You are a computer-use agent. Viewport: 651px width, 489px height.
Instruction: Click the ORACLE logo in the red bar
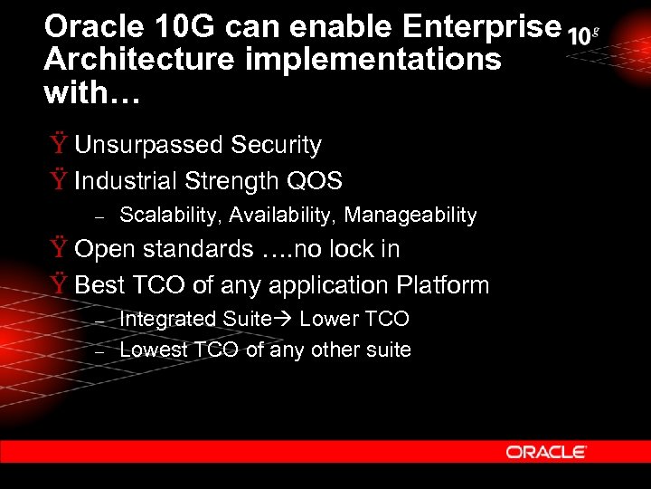pos(546,452)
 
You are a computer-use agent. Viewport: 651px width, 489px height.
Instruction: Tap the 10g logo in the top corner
pos(583,35)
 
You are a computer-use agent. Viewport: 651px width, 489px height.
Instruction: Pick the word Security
pos(276,145)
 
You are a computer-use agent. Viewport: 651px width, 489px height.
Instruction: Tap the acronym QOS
pos(314,181)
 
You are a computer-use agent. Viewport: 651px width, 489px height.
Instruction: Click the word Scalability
pos(171,216)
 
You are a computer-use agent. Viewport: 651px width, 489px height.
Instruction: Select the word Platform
pos(442,285)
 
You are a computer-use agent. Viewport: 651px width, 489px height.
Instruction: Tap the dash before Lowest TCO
pos(101,351)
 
